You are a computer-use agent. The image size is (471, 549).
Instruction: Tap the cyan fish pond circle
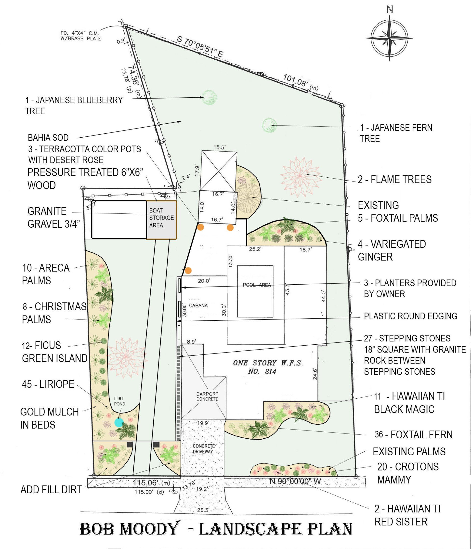(x=119, y=422)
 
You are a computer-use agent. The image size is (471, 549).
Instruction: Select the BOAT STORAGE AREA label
(x=161, y=218)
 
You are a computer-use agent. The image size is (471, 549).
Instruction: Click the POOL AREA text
(x=257, y=285)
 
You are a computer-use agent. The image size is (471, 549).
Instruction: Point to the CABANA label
(x=198, y=305)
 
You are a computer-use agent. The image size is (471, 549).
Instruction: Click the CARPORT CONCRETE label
(x=207, y=397)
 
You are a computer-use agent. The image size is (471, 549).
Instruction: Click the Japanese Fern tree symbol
(x=270, y=125)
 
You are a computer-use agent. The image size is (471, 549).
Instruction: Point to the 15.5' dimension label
(x=219, y=147)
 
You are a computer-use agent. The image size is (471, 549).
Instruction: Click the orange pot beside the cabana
(x=188, y=271)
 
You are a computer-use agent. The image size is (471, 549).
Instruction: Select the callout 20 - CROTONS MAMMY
(x=408, y=473)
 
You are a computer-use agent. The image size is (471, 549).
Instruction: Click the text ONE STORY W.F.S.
(x=268, y=363)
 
